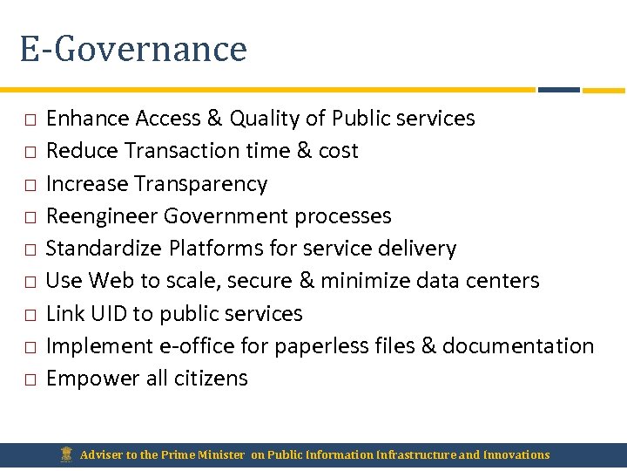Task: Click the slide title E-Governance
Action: pos(133,49)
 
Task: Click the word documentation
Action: pos(518,346)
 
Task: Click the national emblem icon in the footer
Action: pos(66,454)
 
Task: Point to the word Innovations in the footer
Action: pos(516,454)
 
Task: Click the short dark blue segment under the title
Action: pos(558,89)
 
